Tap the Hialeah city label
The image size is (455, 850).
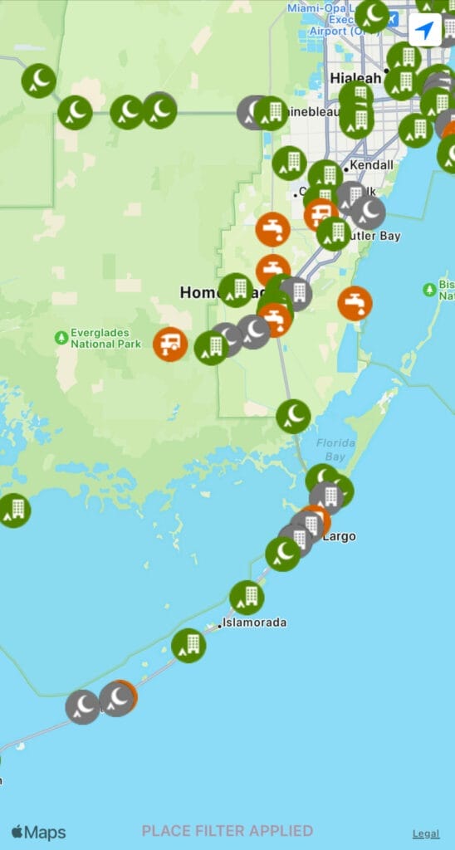coord(355,77)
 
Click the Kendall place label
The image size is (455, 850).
coord(371,165)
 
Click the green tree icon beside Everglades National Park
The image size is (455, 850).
coord(61,338)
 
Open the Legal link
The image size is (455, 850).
coord(427,833)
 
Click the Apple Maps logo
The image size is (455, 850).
coord(38,832)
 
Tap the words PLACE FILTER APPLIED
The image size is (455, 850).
coord(227,831)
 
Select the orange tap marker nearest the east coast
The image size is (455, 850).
coord(355,303)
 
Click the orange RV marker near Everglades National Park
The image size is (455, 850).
coord(170,344)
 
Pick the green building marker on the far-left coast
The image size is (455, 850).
coord(14,510)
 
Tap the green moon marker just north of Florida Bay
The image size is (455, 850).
coord(293,416)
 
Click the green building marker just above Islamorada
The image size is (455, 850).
coord(247,597)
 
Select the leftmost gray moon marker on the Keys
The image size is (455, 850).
coord(83,706)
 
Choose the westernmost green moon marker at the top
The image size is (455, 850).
coord(38,81)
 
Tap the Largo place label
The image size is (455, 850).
coord(338,536)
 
